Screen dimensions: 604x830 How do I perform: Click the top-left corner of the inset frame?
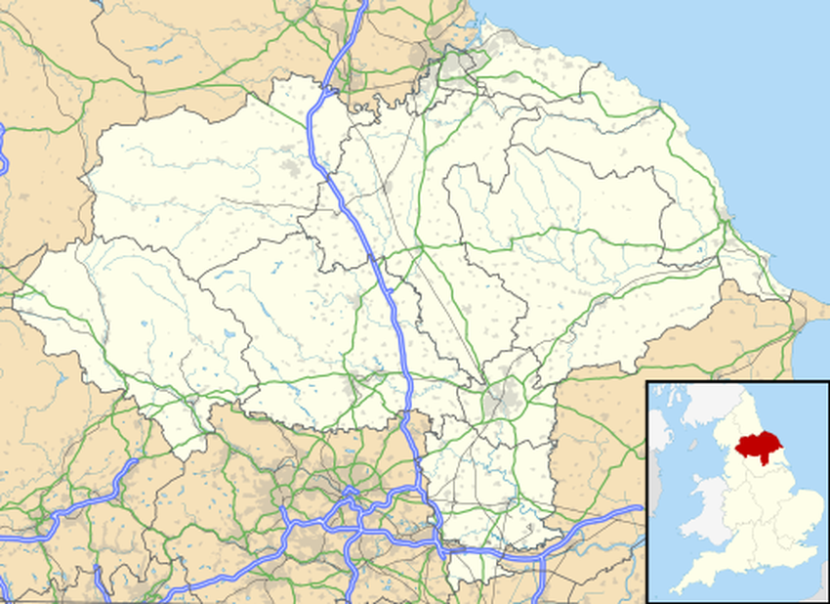pyautogui.click(x=647, y=382)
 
